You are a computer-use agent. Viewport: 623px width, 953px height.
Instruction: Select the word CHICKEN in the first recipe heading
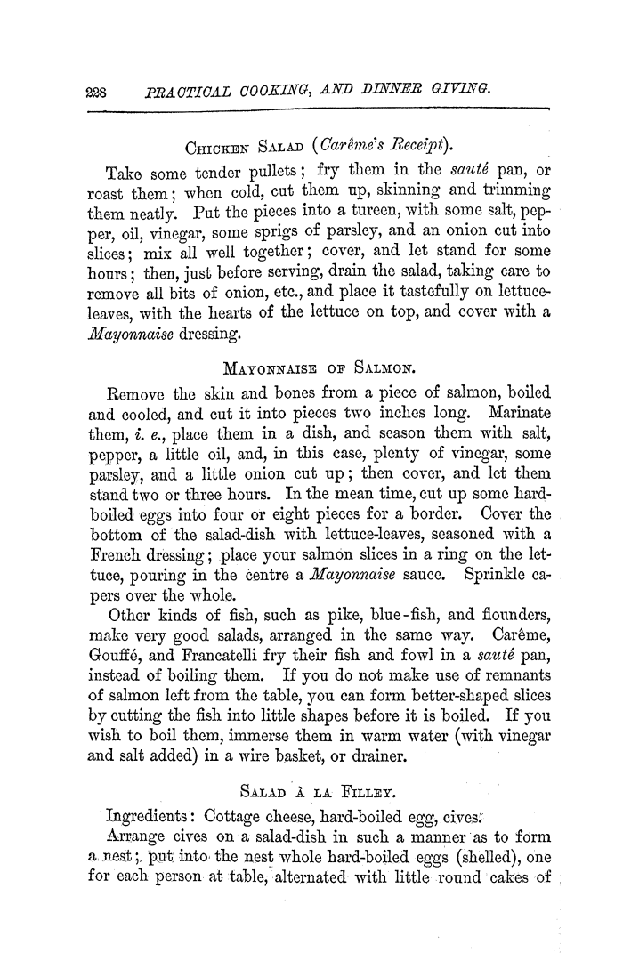click(213, 148)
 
